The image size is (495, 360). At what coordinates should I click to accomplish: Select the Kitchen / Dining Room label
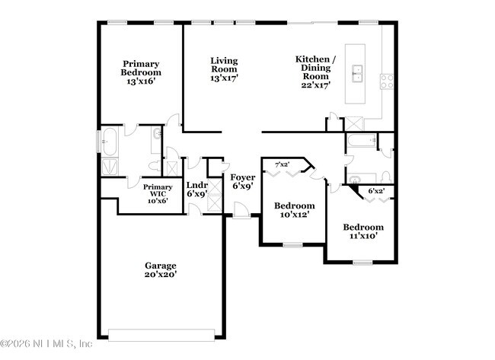pos(315,72)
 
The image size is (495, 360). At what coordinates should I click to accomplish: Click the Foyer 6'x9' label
pos(243,181)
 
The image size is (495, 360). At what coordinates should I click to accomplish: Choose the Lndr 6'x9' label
pos(196,190)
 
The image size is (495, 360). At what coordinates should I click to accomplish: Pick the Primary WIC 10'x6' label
pos(158,194)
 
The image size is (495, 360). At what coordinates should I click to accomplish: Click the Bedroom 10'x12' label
pos(294,211)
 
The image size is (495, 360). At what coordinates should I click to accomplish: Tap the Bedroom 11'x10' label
pos(362,232)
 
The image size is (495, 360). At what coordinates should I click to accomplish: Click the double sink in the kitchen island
pos(357,74)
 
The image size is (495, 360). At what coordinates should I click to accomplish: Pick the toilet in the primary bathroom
pos(153,166)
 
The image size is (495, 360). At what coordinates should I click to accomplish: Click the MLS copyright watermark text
pos(47,345)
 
